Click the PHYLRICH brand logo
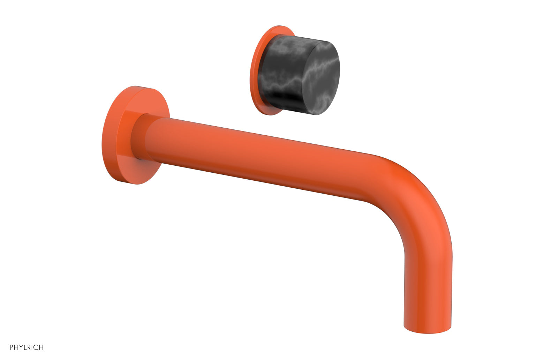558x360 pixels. [x=27, y=347]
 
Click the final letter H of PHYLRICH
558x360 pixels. [x=41, y=347]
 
